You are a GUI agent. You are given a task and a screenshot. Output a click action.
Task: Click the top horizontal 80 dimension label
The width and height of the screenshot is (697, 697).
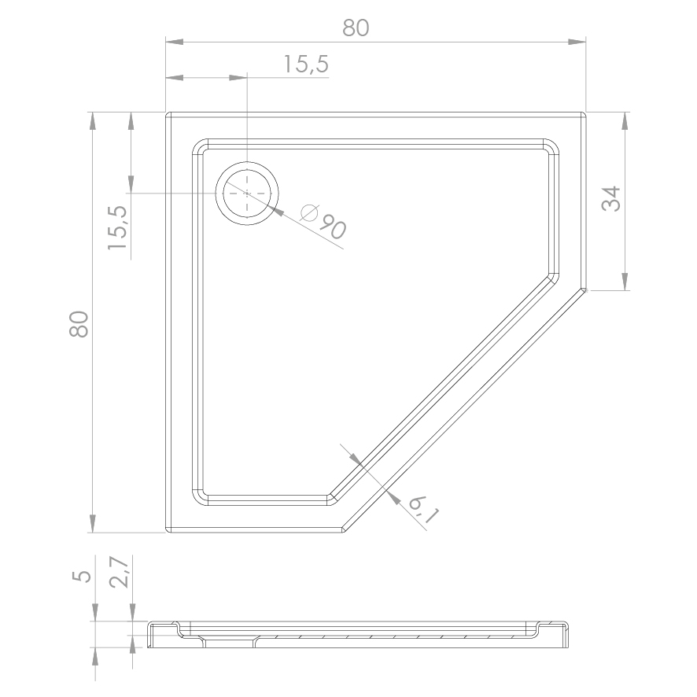tap(356, 28)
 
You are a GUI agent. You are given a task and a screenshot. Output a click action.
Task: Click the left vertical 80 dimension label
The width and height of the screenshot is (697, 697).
tap(79, 324)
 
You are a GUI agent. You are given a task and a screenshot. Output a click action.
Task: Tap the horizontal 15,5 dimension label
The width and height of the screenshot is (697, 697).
tap(306, 64)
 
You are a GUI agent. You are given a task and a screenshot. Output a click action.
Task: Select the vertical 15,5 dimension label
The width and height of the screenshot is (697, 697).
tap(118, 227)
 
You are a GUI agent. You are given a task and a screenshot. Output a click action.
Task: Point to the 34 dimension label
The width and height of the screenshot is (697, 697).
tap(610, 199)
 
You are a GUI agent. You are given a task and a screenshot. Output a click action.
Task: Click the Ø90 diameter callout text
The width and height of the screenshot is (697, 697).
tap(323, 221)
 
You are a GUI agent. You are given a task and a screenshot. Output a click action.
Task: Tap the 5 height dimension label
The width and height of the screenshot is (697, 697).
tap(82, 577)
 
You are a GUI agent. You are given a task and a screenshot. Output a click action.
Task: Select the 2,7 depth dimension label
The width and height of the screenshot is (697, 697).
tap(119, 572)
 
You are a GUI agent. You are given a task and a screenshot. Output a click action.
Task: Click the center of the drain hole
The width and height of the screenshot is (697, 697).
tap(247, 194)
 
